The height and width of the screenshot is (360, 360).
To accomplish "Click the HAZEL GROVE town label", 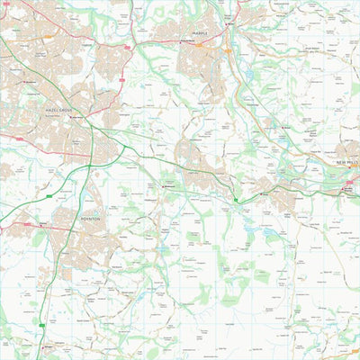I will pos(62,108).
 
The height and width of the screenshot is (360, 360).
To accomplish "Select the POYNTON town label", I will pos(90,218).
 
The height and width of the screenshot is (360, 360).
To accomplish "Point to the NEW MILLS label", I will pos(347,163).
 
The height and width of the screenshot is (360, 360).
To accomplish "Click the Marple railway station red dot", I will pos(228,20).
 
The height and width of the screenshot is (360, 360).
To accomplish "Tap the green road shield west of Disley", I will pos(237,197).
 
